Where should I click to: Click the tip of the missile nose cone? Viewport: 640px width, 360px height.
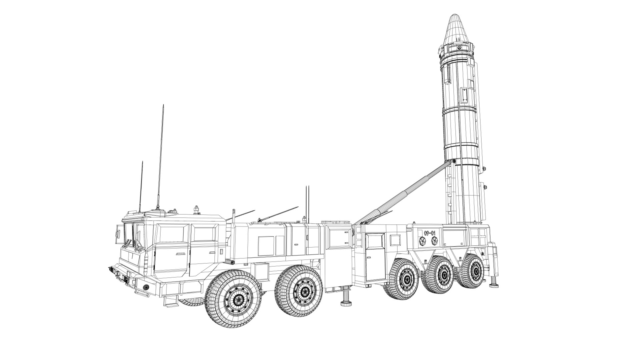pyautogui.click(x=454, y=15)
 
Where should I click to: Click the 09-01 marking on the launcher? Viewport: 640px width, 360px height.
pyautogui.click(x=430, y=233)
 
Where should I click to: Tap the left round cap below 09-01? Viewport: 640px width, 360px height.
pyautogui.click(x=422, y=241)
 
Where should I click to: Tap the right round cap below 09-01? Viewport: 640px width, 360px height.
pyautogui.click(x=434, y=241)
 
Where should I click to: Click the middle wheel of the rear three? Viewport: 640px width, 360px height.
pyautogui.click(x=443, y=275)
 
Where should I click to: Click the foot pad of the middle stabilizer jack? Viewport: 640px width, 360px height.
pyautogui.click(x=347, y=303)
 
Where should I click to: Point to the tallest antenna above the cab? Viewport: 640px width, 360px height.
pyautogui.click(x=160, y=157)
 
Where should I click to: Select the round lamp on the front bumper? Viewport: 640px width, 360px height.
pyautogui.click(x=146, y=287)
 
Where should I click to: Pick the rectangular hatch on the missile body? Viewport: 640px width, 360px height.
pyautogui.click(x=464, y=96)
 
